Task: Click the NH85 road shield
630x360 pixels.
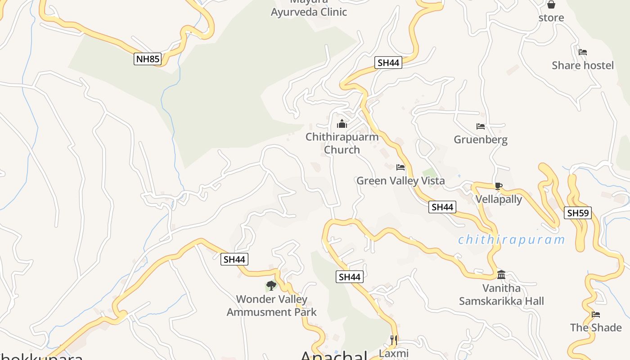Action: click(148, 59)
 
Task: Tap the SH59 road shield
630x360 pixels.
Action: click(578, 213)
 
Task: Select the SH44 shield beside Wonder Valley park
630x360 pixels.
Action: click(234, 259)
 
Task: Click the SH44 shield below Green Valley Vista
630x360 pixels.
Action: click(442, 207)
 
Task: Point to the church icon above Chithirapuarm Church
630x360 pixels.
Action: click(342, 124)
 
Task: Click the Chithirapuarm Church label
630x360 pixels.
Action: click(342, 143)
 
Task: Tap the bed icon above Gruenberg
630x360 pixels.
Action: click(481, 126)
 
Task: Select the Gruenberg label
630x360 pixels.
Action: click(481, 139)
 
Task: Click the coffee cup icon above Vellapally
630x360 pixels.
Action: click(498, 186)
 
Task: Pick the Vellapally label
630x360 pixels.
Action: click(499, 199)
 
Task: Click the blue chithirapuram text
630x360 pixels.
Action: click(511, 239)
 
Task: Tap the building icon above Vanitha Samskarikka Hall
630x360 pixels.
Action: click(501, 274)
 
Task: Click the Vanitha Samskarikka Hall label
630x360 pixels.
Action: click(501, 295)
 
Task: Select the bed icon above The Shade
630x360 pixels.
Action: click(596, 314)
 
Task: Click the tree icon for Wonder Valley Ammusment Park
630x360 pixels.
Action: click(271, 285)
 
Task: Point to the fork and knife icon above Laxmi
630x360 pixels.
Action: click(394, 340)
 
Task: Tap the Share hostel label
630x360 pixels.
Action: click(583, 65)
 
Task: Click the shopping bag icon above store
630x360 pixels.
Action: click(551, 5)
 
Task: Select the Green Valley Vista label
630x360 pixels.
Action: click(400, 181)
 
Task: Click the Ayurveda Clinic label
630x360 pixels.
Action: click(309, 12)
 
